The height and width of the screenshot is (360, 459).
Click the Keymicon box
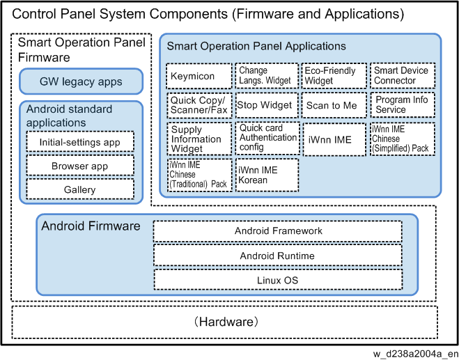(199, 76)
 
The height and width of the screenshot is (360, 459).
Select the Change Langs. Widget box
(267, 76)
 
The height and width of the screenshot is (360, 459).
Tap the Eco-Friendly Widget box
(334, 76)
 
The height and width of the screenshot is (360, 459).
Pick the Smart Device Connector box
(403, 75)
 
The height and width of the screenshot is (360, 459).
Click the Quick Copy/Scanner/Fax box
(199, 105)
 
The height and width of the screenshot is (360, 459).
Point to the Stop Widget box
(267, 105)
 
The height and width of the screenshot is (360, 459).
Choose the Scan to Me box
(334, 105)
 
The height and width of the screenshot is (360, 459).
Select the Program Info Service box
(403, 104)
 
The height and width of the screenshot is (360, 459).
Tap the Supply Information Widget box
(199, 139)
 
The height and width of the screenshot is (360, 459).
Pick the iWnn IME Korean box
(267, 175)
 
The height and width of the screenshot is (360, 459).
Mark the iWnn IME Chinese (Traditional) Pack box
(200, 175)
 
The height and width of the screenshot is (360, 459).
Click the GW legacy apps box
(81, 81)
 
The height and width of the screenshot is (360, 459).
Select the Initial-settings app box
(80, 141)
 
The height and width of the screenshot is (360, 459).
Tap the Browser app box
(80, 166)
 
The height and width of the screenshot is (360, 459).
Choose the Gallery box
(80, 189)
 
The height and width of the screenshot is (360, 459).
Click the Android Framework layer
(278, 231)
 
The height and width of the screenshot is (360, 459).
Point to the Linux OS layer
(278, 280)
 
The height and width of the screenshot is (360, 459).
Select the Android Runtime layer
(278, 256)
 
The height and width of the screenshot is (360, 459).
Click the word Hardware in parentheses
(227, 322)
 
